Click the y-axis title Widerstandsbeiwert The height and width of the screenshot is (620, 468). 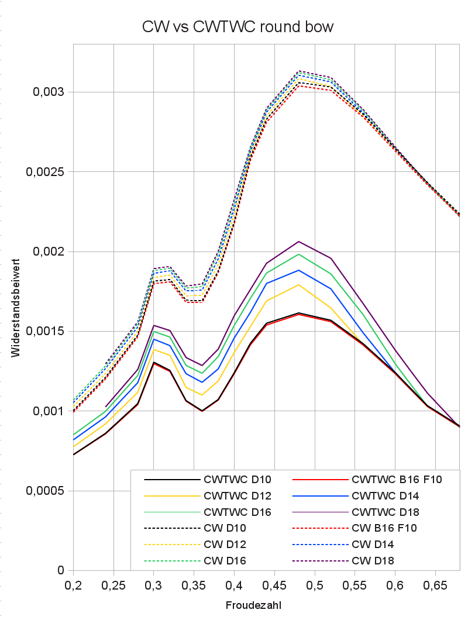point(17,307)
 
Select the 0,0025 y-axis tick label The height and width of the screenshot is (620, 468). point(46,172)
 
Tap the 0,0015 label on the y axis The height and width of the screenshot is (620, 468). point(46,331)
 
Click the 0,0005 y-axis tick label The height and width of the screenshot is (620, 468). point(46,491)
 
